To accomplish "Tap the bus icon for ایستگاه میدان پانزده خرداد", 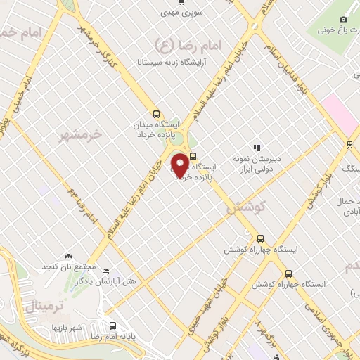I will coord(156,115).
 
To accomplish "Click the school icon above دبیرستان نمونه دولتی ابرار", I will coord(257,148).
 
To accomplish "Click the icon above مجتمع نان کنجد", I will coord(68,258).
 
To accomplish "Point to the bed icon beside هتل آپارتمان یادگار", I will coord(106,271).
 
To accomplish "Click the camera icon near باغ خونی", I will coord(343,20).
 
